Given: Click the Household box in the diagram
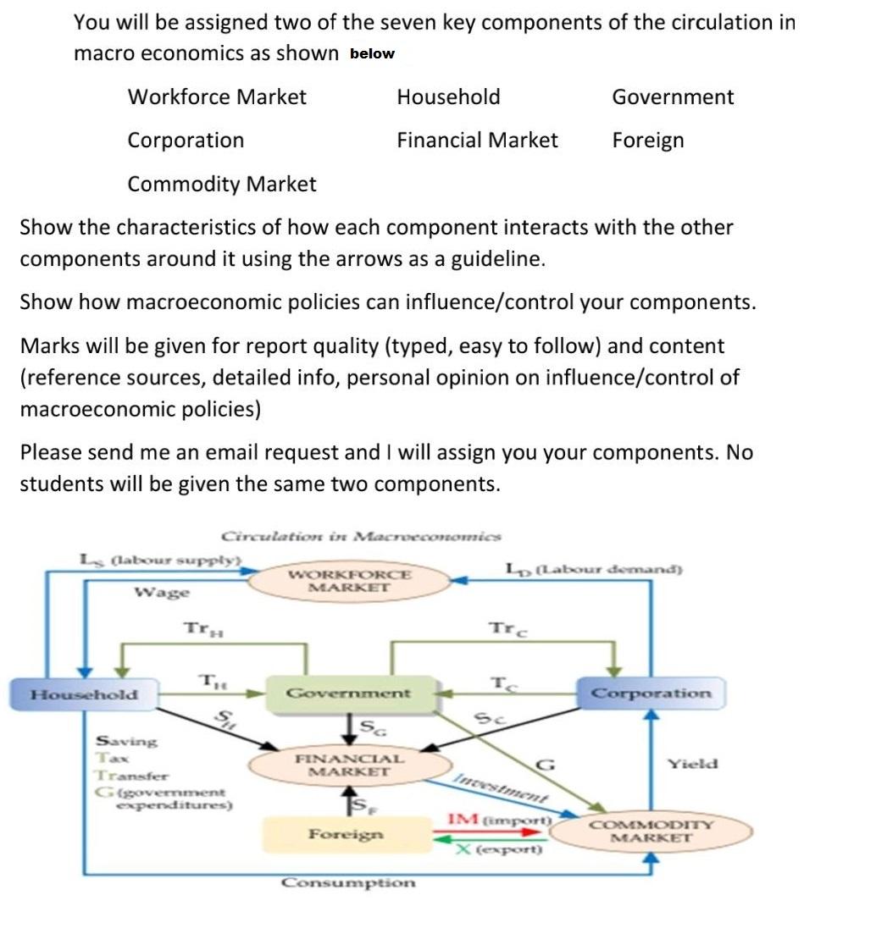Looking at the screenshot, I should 84,694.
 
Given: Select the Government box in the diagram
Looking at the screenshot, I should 348,693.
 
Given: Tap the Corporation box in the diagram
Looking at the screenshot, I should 651,694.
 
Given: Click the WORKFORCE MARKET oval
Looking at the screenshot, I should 349,580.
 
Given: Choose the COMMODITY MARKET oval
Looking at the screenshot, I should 651,831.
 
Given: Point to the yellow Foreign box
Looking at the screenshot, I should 346,834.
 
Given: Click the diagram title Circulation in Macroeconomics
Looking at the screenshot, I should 361,535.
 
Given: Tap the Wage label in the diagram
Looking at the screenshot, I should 163,592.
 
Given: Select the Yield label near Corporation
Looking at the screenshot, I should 692,764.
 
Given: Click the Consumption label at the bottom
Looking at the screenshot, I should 349,882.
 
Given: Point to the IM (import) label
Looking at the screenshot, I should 500,820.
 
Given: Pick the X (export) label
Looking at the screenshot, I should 498,848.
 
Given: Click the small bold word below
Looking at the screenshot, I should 372,53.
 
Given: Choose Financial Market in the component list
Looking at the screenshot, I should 477,140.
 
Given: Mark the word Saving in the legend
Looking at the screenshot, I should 126,741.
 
